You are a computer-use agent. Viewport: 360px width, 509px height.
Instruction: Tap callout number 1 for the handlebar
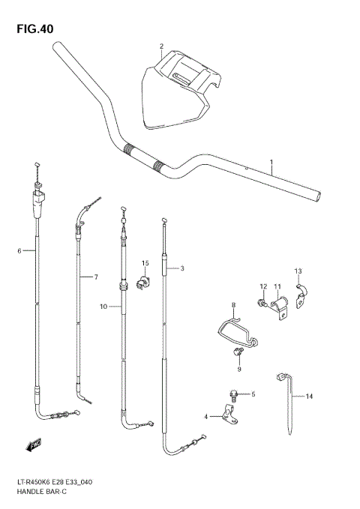271,162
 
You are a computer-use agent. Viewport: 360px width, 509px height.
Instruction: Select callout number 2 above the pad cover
160,46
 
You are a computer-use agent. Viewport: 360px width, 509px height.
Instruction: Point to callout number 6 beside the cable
19,250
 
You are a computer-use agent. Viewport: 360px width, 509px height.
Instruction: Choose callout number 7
95,277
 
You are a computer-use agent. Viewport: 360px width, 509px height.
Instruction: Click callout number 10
103,306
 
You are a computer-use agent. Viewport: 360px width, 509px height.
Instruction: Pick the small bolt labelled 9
238,353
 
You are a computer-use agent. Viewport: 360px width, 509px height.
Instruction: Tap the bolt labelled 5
235,393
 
